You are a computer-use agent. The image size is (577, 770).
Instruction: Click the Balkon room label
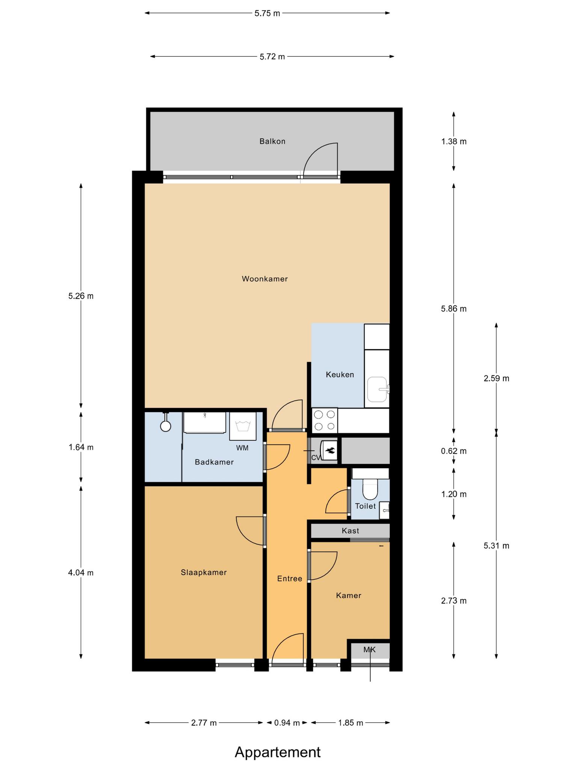272,141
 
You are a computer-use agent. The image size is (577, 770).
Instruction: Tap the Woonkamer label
265,279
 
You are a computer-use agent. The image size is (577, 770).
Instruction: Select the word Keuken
340,374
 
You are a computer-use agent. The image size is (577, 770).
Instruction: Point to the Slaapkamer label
204,572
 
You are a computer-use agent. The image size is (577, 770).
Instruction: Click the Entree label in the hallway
290,579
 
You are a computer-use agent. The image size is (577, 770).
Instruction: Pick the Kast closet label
350,531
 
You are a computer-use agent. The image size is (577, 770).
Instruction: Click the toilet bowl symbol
370,489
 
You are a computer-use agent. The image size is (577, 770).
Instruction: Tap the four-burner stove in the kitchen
325,420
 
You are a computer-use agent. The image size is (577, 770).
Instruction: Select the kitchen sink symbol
378,390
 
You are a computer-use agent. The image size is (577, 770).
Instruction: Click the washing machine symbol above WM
243,426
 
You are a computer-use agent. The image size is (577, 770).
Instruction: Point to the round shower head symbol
165,426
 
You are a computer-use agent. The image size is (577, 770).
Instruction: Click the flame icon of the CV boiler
331,450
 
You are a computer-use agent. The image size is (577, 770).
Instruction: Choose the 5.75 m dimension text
267,14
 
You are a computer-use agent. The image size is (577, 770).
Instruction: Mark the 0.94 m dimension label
287,723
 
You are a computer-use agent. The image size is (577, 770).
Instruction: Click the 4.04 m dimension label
81,573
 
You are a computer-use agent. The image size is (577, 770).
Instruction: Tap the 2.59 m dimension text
497,378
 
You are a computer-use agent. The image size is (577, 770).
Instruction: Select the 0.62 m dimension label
454,451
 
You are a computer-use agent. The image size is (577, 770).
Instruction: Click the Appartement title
278,752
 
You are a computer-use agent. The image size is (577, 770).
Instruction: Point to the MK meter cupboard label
370,649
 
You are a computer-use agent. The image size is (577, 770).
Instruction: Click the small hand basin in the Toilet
384,510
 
